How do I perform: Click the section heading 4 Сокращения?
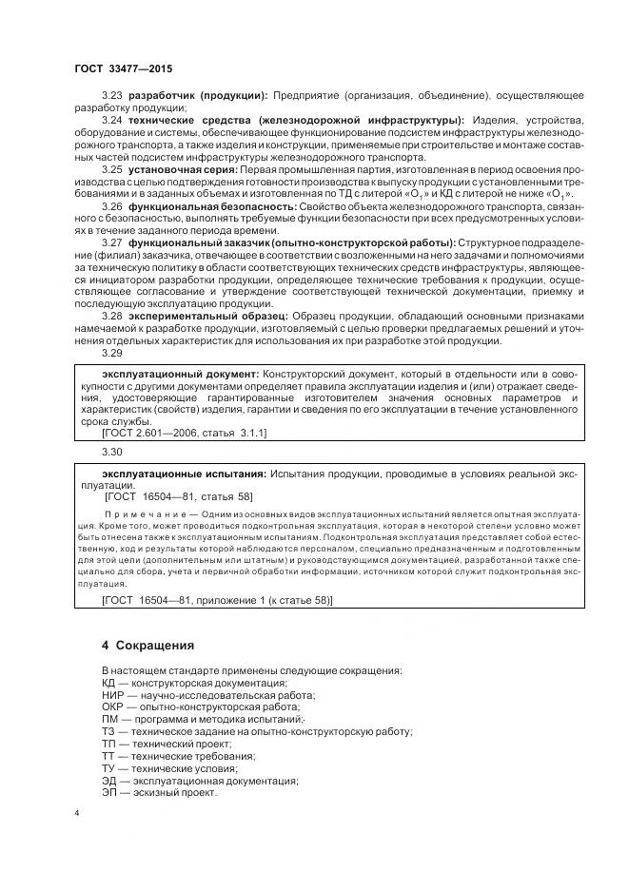pyautogui.click(x=147, y=645)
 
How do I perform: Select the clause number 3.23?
pyautogui.click(x=112, y=96)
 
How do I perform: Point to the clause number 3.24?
pyautogui.click(x=112, y=120)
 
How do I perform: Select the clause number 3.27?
pyautogui.click(x=112, y=242)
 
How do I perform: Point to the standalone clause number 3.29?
pyautogui.click(x=112, y=352)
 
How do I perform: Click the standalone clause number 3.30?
pyautogui.click(x=112, y=451)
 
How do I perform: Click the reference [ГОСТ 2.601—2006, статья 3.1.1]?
pyautogui.click(x=184, y=433)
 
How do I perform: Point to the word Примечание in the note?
pyautogui.click(x=134, y=513)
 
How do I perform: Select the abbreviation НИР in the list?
pyautogui.click(x=113, y=695)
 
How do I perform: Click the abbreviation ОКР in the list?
pyautogui.click(x=113, y=707)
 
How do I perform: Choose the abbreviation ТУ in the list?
pyautogui.click(x=109, y=768)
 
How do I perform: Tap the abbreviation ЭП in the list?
pyautogui.click(x=109, y=792)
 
